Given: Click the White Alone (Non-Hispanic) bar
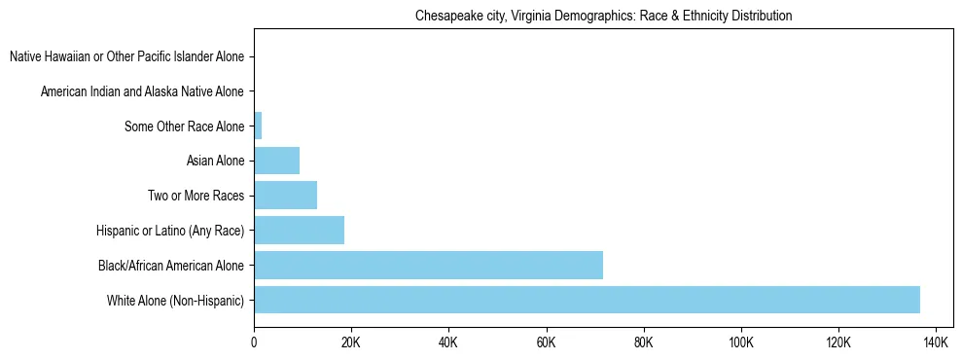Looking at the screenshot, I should tap(587, 300).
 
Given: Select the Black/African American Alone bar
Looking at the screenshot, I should tap(428, 265).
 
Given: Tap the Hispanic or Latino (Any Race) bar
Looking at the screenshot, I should tap(299, 230).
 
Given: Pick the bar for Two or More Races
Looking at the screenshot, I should tap(285, 195).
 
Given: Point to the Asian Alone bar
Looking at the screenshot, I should tap(276, 160).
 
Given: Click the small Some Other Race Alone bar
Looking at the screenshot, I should tap(258, 126).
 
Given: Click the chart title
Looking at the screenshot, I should tap(603, 17).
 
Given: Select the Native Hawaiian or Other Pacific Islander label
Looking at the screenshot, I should tap(126, 56).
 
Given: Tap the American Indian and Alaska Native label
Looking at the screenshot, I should tap(142, 91).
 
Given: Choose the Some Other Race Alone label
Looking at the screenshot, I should tap(185, 126).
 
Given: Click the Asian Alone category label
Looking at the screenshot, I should tap(215, 161).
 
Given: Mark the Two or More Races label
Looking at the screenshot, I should tap(196, 196).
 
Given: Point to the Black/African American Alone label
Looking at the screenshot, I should tap(171, 265).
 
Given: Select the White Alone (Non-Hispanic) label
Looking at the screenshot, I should tap(176, 300).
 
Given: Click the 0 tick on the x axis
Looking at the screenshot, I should tap(254, 343).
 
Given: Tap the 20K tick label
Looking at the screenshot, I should tap(351, 343).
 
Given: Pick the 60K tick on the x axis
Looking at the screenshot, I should tap(546, 343).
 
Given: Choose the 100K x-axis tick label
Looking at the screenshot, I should tap(740, 343).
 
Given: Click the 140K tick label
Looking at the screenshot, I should tap(935, 343).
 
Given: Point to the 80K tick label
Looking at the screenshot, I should tap(643, 343).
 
